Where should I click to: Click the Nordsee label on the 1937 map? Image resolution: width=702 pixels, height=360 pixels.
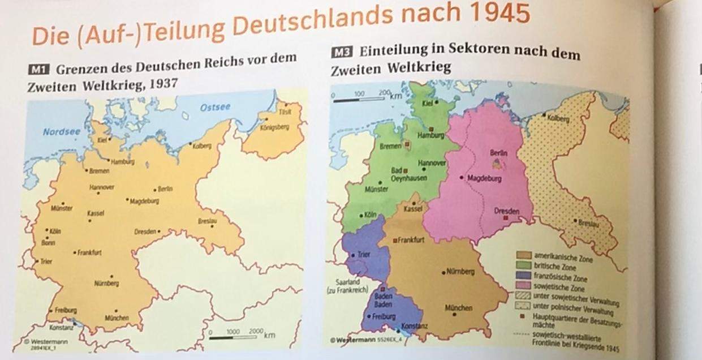click(x=61, y=132)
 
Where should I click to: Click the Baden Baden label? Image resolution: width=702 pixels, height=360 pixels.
click(x=384, y=299)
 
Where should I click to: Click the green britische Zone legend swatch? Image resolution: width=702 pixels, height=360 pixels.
click(x=523, y=265)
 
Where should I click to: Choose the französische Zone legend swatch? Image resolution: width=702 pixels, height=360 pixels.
click(x=523, y=275)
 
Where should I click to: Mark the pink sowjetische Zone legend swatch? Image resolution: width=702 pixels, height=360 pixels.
click(x=523, y=284)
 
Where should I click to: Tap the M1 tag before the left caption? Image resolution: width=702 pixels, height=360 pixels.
click(x=39, y=71)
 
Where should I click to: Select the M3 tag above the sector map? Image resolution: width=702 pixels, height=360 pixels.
click(x=341, y=53)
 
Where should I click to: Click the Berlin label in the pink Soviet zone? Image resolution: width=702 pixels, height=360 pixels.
click(x=498, y=153)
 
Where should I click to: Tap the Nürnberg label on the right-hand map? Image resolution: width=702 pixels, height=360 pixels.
click(x=459, y=272)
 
